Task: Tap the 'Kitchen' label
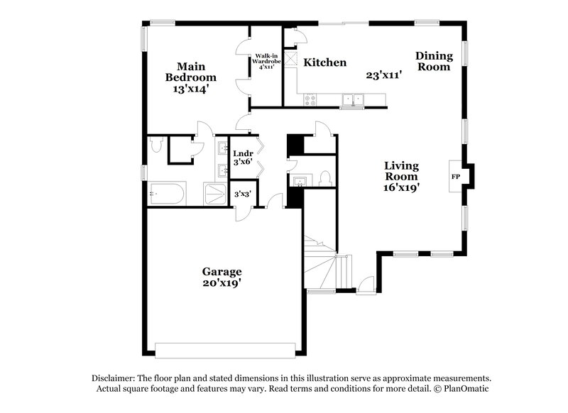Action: pyautogui.click(x=325, y=62)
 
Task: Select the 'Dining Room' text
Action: pyautogui.click(x=433, y=61)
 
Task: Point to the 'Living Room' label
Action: pyautogui.click(x=401, y=171)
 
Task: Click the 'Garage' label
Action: pyautogui.click(x=222, y=272)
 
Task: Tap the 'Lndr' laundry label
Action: pyautogui.click(x=243, y=153)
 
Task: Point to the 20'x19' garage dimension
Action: pyautogui.click(x=222, y=284)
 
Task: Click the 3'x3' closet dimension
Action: pyautogui.click(x=242, y=194)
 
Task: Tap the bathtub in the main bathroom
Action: pyautogui.click(x=167, y=193)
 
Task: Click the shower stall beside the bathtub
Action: pyautogui.click(x=214, y=194)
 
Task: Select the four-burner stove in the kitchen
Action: pyautogui.click(x=310, y=100)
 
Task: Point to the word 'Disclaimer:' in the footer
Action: pyautogui.click(x=116, y=378)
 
